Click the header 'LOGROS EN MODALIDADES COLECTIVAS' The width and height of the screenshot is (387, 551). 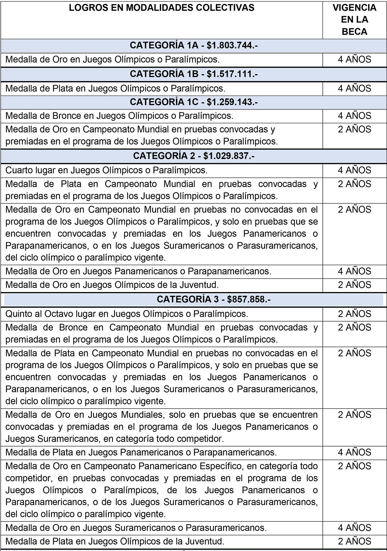coord(162,8)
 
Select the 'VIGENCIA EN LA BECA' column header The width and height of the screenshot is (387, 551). coord(354,20)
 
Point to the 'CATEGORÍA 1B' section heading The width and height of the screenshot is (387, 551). coord(164,74)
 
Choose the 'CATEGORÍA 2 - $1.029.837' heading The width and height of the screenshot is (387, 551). coord(193,156)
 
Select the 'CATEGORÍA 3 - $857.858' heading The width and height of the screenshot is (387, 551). coord(214,299)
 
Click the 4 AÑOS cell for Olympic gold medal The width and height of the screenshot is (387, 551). coord(354,60)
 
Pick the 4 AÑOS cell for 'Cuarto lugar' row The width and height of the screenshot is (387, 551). coord(354,170)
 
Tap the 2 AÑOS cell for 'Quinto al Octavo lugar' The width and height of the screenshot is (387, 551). coord(354,314)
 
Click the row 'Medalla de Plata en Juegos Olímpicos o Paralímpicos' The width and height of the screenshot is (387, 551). coord(115,88)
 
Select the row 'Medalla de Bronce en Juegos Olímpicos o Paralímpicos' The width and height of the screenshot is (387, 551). coord(119,116)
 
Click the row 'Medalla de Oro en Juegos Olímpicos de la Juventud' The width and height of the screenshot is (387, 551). coord(112,285)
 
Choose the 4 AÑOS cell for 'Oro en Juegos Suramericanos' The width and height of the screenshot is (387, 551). coord(354,528)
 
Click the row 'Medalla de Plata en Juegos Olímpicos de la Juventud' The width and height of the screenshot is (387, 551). coord(115,541)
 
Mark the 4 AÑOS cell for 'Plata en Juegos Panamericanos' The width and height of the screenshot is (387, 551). coord(354,452)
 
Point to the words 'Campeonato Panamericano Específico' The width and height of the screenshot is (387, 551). coord(165,466)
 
